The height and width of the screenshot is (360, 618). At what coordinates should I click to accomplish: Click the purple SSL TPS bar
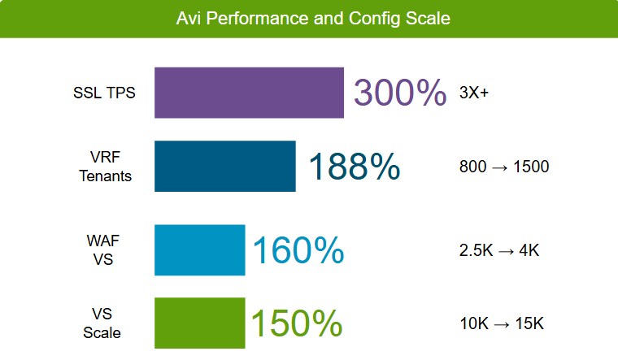tap(249, 93)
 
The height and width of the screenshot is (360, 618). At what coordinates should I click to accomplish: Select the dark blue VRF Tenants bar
tap(225, 166)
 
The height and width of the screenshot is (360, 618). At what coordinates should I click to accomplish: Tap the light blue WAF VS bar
tap(200, 249)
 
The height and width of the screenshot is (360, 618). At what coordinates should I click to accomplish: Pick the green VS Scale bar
tap(200, 323)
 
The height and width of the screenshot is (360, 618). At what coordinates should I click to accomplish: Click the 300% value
tap(399, 93)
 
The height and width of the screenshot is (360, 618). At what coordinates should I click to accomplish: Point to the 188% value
tap(354, 167)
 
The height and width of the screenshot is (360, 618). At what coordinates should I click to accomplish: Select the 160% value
tap(298, 250)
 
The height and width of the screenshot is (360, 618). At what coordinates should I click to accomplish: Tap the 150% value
tap(296, 323)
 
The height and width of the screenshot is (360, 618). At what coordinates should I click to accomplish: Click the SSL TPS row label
tap(105, 92)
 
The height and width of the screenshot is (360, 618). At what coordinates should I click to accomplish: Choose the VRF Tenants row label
tap(106, 166)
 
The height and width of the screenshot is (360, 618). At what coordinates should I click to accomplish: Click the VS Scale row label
tap(102, 323)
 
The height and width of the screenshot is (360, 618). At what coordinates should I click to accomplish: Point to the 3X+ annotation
tap(474, 93)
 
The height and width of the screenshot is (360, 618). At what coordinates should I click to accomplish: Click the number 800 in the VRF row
tap(472, 167)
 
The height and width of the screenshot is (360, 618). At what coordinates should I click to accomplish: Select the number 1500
tap(530, 167)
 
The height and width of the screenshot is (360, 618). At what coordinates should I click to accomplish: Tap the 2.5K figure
tap(477, 250)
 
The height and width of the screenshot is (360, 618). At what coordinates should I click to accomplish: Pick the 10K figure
tap(473, 323)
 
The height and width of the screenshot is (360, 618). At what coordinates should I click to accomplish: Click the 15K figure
tap(529, 323)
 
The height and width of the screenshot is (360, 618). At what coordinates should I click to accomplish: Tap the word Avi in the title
tap(190, 18)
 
